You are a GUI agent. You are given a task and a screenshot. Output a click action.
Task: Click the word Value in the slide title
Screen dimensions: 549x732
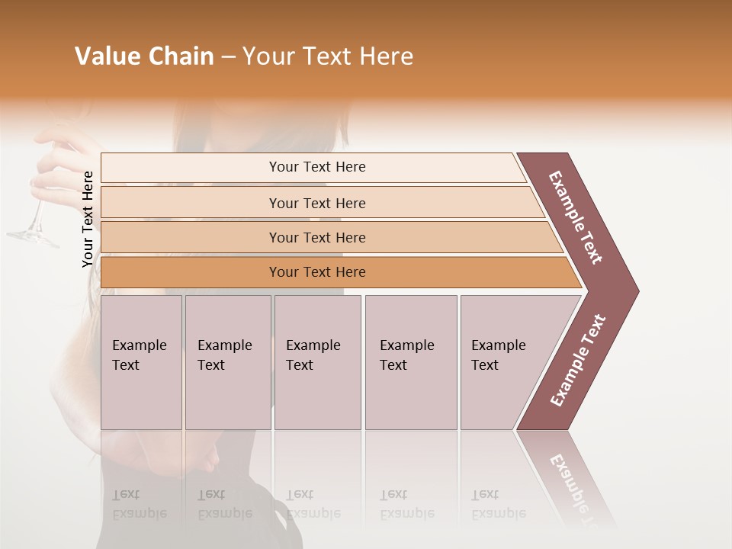click(x=107, y=56)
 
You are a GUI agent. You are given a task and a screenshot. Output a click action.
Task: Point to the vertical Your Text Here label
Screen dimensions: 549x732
click(x=88, y=219)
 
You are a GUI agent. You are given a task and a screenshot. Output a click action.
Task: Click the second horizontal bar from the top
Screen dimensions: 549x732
click(x=316, y=203)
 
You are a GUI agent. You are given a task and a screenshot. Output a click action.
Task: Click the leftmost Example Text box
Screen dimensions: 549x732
click(x=141, y=361)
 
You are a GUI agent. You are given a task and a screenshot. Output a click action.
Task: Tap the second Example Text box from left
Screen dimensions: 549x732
click(x=227, y=361)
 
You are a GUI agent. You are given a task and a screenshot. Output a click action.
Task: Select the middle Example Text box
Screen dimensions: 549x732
click(x=317, y=361)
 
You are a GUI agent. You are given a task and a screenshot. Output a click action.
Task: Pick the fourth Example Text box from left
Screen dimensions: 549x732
click(x=410, y=361)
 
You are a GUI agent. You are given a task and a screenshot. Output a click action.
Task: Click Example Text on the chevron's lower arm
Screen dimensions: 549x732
click(x=578, y=361)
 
